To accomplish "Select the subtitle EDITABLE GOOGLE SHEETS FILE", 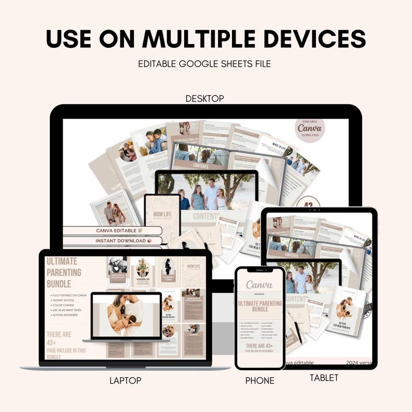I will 204,64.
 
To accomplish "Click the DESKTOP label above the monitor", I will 204,98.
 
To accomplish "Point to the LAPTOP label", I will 125,380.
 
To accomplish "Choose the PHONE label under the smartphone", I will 260,381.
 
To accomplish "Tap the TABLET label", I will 324,378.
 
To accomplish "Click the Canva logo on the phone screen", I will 259,285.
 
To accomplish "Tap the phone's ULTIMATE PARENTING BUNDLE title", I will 259,307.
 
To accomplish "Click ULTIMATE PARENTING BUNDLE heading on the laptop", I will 64,272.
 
